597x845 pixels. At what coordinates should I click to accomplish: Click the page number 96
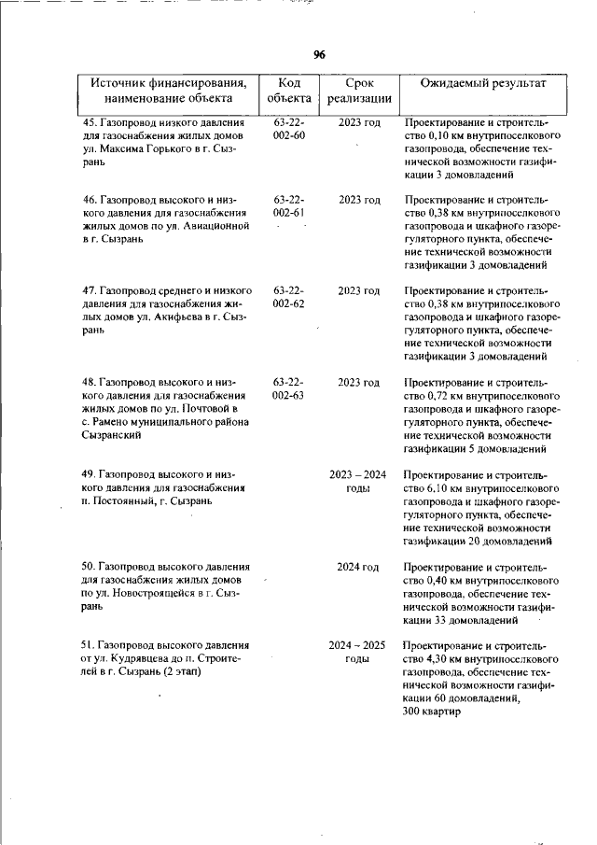pyautogui.click(x=319, y=55)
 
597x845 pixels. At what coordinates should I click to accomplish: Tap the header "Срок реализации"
pyautogui.click(x=358, y=90)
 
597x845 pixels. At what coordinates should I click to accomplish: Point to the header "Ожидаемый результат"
pyautogui.click(x=481, y=83)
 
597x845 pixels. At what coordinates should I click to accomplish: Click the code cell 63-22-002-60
pyautogui.click(x=289, y=129)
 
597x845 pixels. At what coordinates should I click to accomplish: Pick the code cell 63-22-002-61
pyautogui.click(x=289, y=207)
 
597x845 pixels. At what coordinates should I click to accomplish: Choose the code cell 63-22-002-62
pyautogui.click(x=289, y=298)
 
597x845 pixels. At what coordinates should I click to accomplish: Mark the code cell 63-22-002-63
pyautogui.click(x=289, y=389)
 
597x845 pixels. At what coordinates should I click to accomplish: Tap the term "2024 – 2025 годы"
pyautogui.click(x=358, y=652)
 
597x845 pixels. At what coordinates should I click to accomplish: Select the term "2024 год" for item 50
pyautogui.click(x=358, y=567)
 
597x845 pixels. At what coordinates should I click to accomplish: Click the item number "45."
pyautogui.click(x=90, y=122)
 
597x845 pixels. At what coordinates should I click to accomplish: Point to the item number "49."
pyautogui.click(x=90, y=474)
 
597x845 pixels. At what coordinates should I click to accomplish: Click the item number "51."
pyautogui.click(x=90, y=645)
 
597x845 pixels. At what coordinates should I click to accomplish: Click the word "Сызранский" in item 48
pyautogui.click(x=112, y=435)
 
